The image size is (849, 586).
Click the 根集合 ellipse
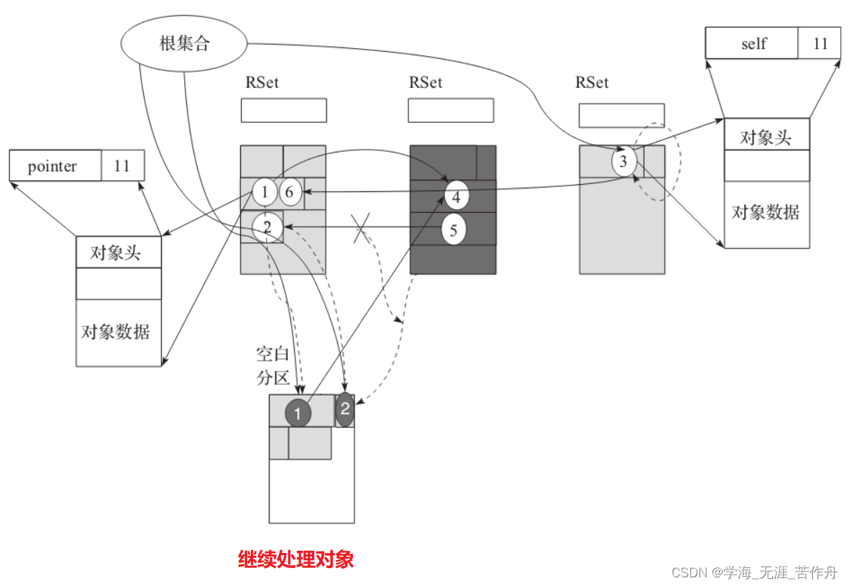pyautogui.click(x=183, y=44)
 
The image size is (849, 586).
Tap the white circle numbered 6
pyautogui.click(x=289, y=192)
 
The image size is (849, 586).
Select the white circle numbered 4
pyautogui.click(x=456, y=196)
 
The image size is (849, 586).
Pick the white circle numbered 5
pyautogui.click(x=454, y=230)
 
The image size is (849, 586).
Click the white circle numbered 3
pyautogui.click(x=623, y=162)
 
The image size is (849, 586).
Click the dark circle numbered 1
pyautogui.click(x=298, y=413)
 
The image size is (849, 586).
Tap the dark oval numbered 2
pyautogui.click(x=345, y=410)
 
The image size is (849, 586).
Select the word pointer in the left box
pyautogui.click(x=52, y=167)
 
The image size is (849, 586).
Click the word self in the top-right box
pyautogui.click(x=753, y=44)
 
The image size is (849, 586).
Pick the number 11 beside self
pyautogui.click(x=820, y=44)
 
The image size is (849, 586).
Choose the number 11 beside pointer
pyautogui.click(x=121, y=167)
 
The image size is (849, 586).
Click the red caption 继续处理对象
pyautogui.click(x=295, y=559)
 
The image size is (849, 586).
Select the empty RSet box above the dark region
pyautogui.click(x=451, y=110)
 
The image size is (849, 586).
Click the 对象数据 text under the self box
pyautogui.click(x=766, y=213)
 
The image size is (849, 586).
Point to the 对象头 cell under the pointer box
pyautogui.click(x=118, y=253)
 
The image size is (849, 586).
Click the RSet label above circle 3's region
pyautogui.click(x=592, y=83)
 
